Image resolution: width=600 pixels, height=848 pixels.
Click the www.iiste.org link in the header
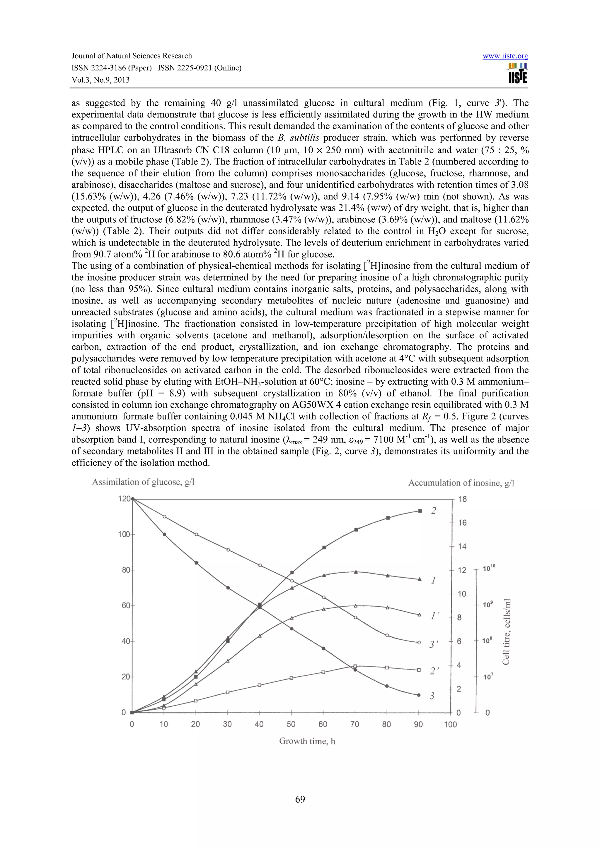click(505, 56)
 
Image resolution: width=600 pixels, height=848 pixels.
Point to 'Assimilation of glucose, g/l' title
click(143, 482)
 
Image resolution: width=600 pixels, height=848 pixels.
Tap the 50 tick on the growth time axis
click(291, 724)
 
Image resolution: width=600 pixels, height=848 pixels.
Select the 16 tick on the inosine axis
click(462, 523)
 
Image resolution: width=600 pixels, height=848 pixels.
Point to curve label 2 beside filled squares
click(434, 511)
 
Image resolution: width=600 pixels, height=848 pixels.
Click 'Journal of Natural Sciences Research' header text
click(132, 56)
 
